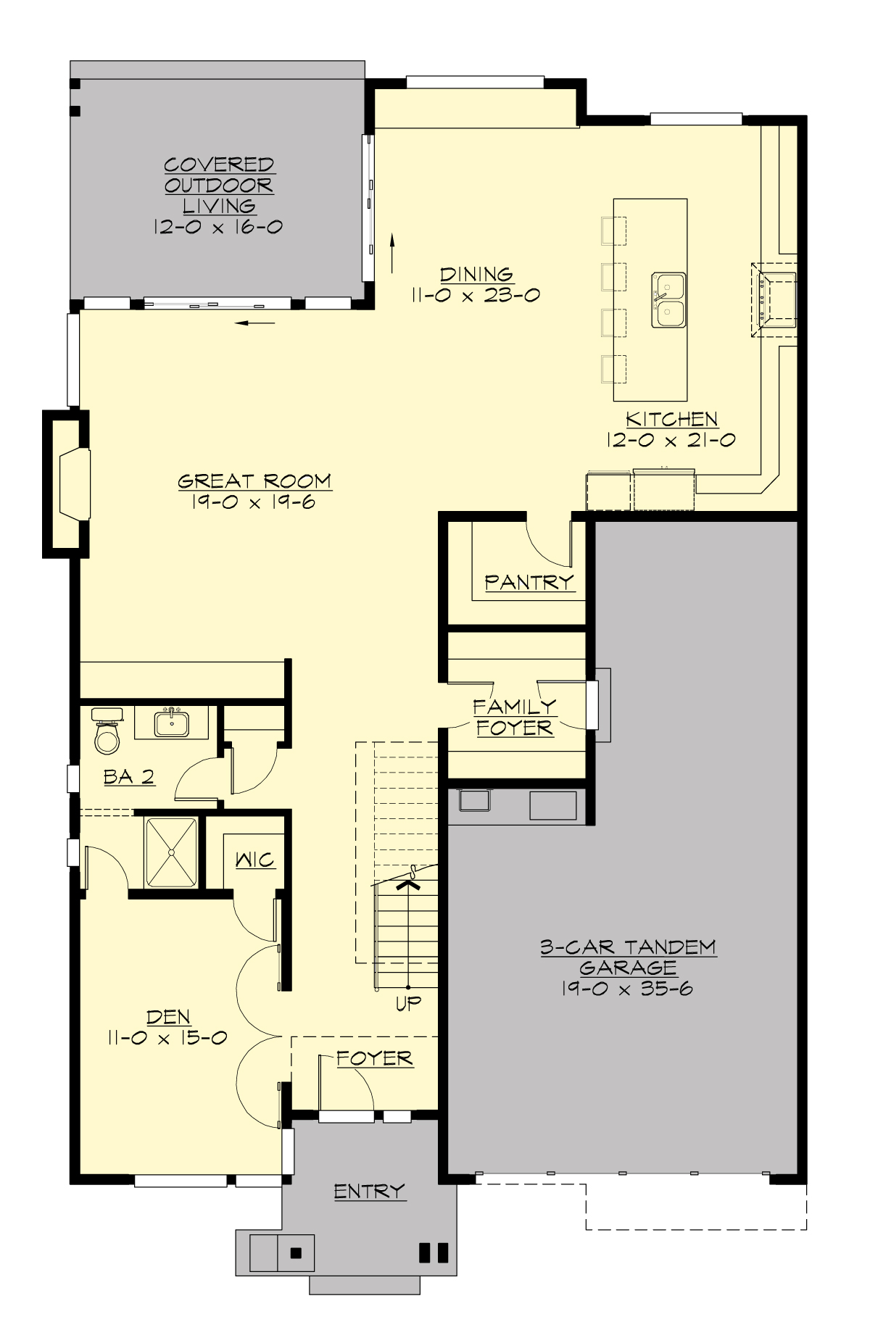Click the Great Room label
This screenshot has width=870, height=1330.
click(x=254, y=481)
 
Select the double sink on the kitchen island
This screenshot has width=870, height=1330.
click(x=668, y=300)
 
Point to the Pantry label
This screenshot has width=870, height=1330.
click(x=529, y=582)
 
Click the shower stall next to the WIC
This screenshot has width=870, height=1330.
click(x=171, y=852)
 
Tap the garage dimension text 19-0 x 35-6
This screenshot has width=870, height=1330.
click(x=627, y=988)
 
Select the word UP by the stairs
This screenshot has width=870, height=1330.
click(x=409, y=1003)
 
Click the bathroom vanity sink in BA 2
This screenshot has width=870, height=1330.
click(x=172, y=724)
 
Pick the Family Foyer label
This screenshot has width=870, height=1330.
click(x=515, y=717)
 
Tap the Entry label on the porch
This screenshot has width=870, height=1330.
click(x=369, y=1191)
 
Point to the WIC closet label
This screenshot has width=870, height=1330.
click(x=255, y=860)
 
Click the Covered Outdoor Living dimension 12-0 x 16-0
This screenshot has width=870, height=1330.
click(x=217, y=227)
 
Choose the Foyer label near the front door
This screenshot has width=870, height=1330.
click(x=375, y=1059)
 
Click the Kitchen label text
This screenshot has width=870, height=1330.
click(x=672, y=419)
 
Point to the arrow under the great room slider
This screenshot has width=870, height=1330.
click(x=256, y=323)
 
